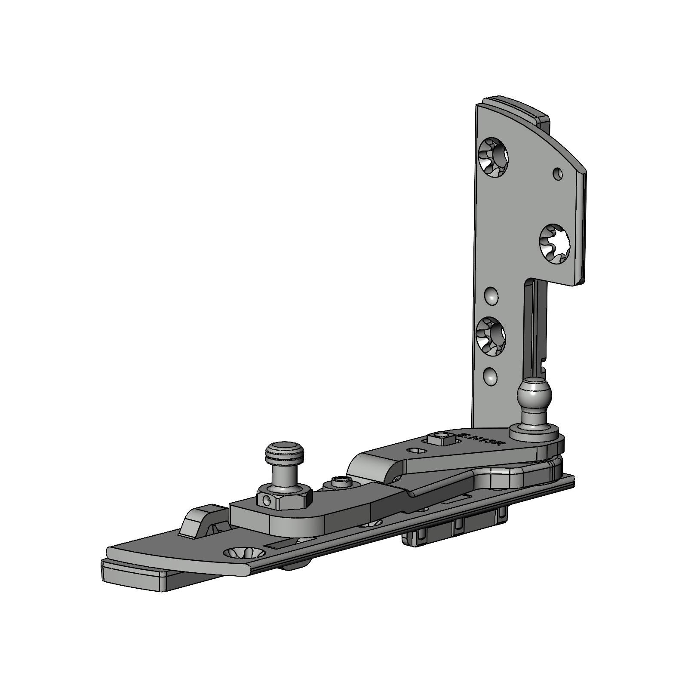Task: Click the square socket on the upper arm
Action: click(439, 439)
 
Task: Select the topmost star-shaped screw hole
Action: click(493, 157)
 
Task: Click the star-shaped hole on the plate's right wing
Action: click(554, 244)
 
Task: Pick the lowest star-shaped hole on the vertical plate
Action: click(491, 336)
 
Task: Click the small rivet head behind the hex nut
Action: click(340, 483)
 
